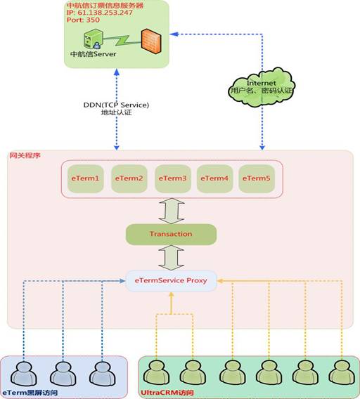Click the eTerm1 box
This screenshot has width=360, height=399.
[x=85, y=178]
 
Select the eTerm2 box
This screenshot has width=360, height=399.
[x=129, y=178]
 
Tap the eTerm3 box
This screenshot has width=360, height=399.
[x=173, y=178]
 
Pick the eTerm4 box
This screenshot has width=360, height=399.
[x=214, y=178]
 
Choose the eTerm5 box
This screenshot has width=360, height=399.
[x=257, y=178]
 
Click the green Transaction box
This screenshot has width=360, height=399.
[x=171, y=235]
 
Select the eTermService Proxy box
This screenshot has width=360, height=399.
[x=171, y=281]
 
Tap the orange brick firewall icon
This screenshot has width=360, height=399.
[x=151, y=41]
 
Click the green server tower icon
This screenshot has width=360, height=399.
[x=94, y=39]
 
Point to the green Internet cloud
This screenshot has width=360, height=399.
[x=262, y=87]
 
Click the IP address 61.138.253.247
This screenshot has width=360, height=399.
[x=105, y=13]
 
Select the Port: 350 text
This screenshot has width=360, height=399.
[x=83, y=20]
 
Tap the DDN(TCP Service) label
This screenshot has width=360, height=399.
[x=116, y=105]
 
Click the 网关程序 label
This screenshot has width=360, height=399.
[x=25, y=155]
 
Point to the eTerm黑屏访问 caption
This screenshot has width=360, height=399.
[x=30, y=393]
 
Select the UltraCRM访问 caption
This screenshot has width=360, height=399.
[x=167, y=393]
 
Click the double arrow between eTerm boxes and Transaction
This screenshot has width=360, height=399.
[x=172, y=211]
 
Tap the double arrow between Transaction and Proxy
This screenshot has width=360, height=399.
[x=171, y=258]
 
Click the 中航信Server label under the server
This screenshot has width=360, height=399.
[x=94, y=54]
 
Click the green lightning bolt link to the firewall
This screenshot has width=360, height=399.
[x=122, y=40]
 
